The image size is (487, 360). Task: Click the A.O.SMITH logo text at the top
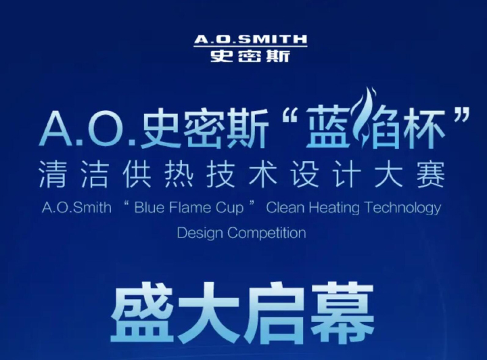(x=251, y=39)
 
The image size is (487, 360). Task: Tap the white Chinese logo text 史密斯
(x=251, y=56)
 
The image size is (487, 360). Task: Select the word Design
(x=200, y=233)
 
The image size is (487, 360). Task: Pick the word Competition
(x=266, y=233)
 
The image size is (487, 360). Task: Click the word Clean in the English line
(x=285, y=208)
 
